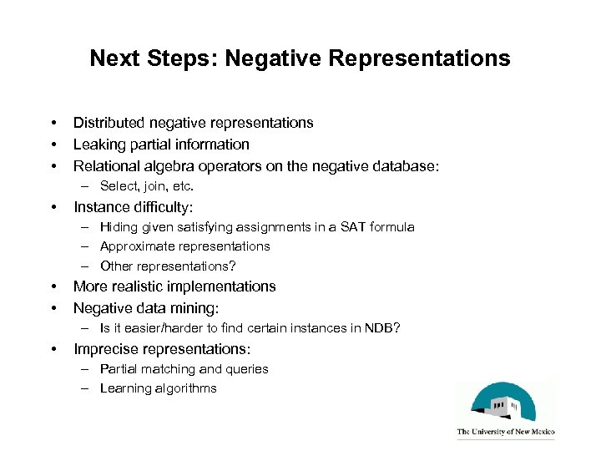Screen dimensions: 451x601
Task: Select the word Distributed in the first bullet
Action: tap(113, 123)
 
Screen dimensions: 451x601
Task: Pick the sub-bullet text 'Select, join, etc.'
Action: tap(146, 186)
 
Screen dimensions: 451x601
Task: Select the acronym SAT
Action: tap(345, 226)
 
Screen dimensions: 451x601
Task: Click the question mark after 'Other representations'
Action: tap(233, 266)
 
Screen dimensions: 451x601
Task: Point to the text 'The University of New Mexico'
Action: tap(506, 433)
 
